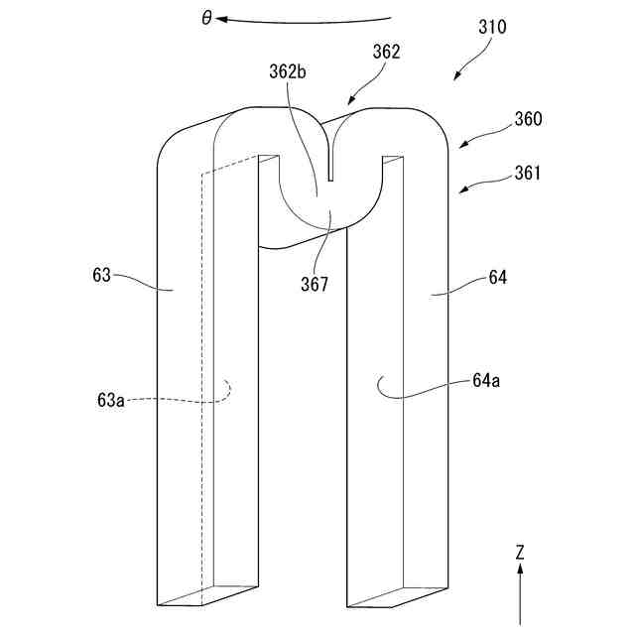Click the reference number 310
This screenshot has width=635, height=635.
point(489,28)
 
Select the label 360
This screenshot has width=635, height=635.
point(528,120)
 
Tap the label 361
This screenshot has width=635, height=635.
point(528,174)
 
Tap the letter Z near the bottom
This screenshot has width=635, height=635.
point(519,551)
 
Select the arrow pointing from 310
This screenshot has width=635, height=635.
point(464,67)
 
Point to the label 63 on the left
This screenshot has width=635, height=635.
point(101,276)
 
